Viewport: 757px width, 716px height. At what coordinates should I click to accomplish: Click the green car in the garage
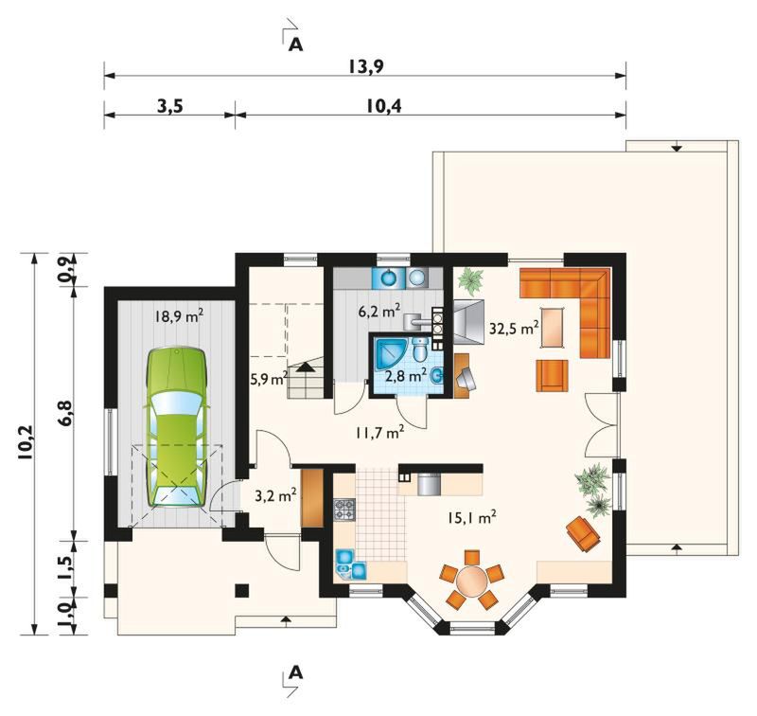coord(177,427)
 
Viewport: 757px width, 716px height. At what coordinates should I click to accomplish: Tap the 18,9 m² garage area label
coord(179,316)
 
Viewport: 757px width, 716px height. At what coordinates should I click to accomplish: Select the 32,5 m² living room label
coord(514,329)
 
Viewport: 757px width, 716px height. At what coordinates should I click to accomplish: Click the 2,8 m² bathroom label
coord(405,375)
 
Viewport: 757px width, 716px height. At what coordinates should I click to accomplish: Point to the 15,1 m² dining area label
coord(471,518)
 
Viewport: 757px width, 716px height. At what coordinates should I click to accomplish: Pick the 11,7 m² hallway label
coord(380,433)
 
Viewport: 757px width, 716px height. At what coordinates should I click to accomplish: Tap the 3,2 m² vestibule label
coord(274,495)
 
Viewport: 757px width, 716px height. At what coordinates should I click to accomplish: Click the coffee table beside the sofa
coord(553,327)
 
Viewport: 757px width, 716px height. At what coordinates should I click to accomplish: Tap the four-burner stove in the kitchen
coord(344,510)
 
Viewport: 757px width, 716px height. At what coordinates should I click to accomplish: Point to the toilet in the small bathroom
coord(420,349)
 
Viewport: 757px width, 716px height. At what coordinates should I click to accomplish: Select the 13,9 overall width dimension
coord(366,66)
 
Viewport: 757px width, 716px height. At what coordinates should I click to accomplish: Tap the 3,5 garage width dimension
coord(170,106)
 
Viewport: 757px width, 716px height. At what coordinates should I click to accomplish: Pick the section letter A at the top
coord(295,45)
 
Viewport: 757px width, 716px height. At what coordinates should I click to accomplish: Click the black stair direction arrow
coord(305,367)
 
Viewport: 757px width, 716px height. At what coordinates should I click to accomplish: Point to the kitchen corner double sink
coord(350,564)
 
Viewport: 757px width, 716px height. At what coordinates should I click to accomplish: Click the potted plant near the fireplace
coord(470,281)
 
